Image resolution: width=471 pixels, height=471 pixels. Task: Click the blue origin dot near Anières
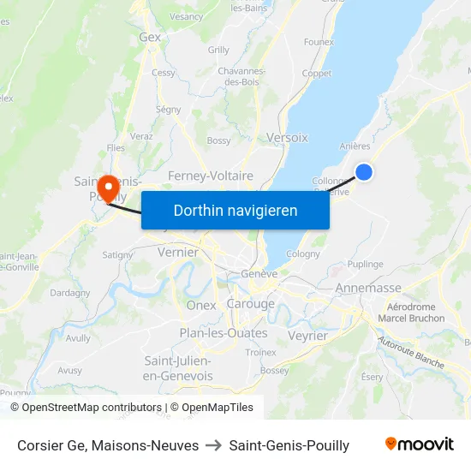coord(364,172)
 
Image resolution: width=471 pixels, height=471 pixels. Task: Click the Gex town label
coord(150,38)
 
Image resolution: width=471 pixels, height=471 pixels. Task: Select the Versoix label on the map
coord(287,137)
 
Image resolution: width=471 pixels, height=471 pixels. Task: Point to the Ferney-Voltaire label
coord(211,176)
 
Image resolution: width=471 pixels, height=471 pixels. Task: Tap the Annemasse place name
coord(368,289)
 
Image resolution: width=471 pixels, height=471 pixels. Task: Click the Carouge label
coord(251,304)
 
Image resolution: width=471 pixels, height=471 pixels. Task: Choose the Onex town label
coord(201,306)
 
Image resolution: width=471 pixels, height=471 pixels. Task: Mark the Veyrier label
coord(308,337)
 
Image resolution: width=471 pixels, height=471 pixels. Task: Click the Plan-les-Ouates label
coord(224,333)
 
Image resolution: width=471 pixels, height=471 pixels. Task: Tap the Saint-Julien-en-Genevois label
coord(178,368)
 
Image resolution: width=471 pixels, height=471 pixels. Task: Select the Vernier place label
coord(178,253)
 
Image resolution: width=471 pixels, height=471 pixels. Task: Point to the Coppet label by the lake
coord(316,74)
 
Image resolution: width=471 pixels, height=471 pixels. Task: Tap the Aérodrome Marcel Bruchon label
coord(411,313)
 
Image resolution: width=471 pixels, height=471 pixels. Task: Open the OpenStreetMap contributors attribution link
coord(86,408)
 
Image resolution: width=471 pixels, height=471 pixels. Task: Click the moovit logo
coord(420,444)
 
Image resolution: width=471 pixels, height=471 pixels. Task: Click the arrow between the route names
coord(214,445)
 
